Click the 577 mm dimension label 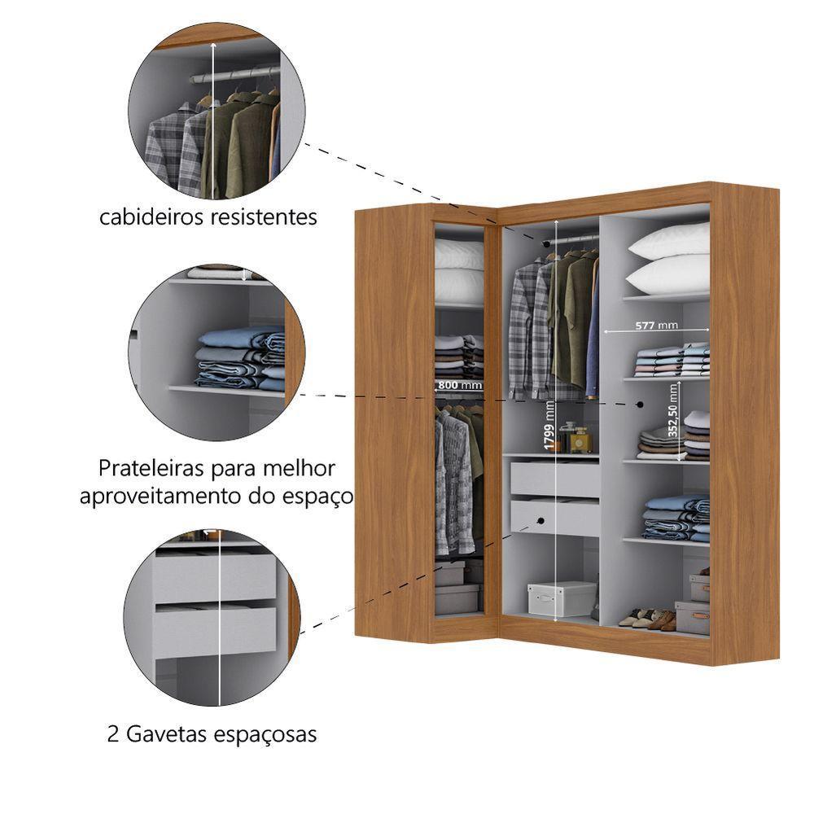[656, 326]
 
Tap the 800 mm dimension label [459, 385]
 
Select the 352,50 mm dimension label [673, 418]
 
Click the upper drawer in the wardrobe [554, 479]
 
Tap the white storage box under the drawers [562, 598]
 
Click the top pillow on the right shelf [668, 241]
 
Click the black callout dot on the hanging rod [546, 243]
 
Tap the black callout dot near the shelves [641, 404]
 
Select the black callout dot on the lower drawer [540, 520]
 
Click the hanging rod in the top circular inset [236, 76]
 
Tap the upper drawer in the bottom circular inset [216, 576]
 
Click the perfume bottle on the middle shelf [579, 440]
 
